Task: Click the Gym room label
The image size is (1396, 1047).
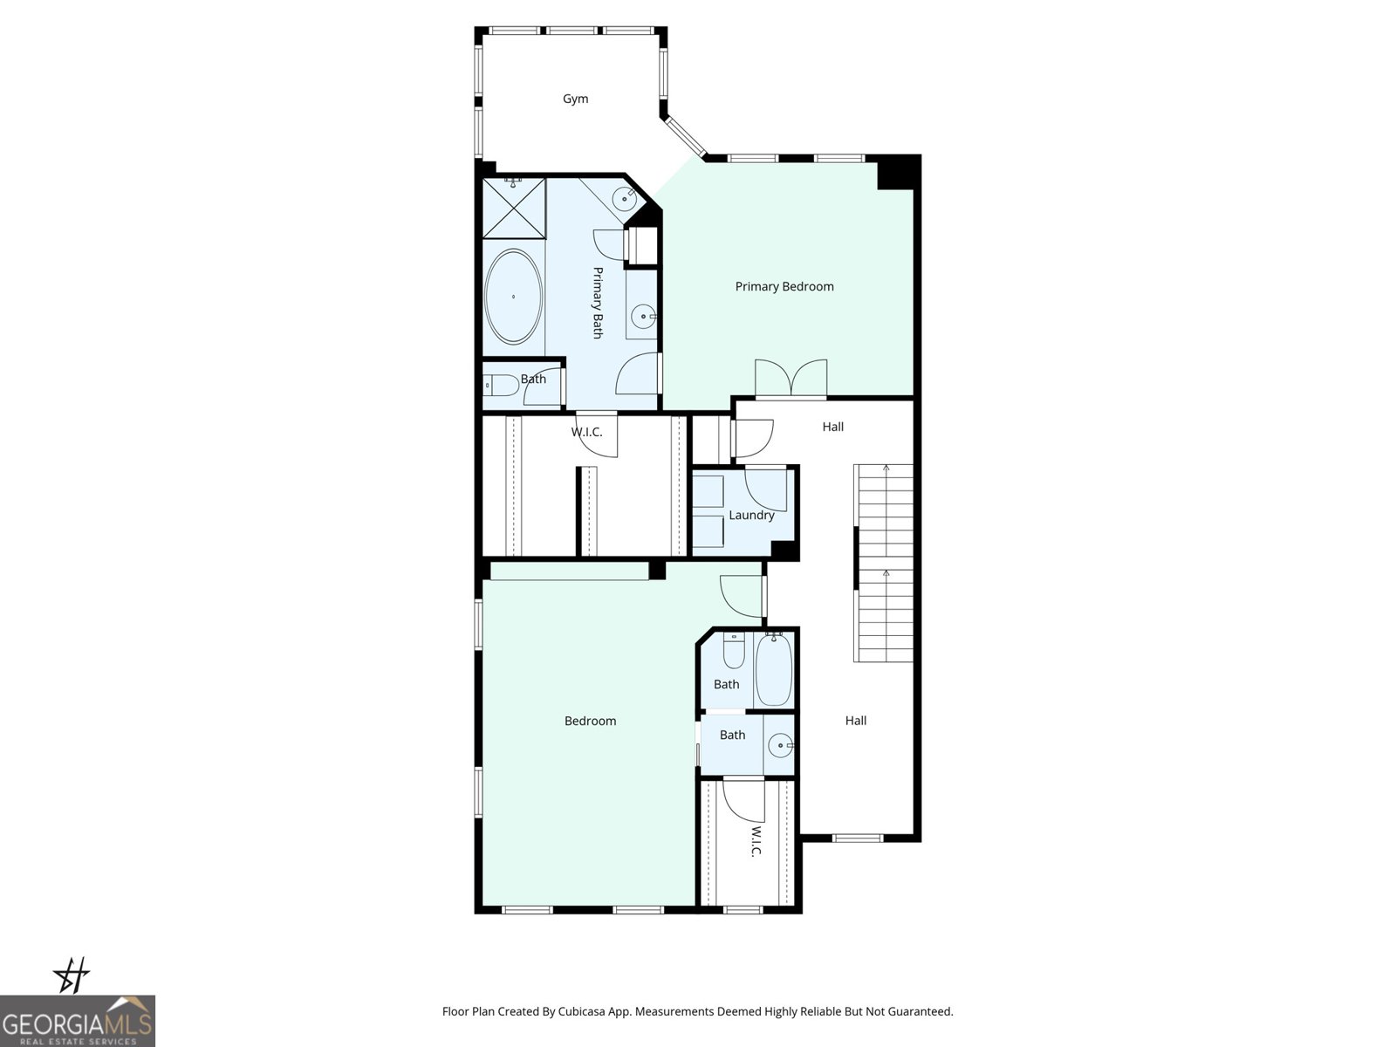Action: point(575,99)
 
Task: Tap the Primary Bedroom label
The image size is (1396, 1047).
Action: point(784,286)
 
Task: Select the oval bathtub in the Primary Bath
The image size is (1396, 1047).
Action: point(513,298)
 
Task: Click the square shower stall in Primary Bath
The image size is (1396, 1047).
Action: point(514,208)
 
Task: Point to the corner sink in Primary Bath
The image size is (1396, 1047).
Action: point(625,198)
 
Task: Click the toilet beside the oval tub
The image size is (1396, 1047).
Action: point(498,385)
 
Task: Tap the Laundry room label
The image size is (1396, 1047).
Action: point(750,515)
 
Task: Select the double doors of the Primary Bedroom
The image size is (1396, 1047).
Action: point(790,378)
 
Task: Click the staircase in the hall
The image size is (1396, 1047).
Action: point(886,563)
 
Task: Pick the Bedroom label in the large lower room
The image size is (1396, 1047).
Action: point(590,721)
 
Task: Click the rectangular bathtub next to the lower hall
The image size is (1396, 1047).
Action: point(773,670)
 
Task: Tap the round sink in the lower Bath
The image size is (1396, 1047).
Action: point(779,746)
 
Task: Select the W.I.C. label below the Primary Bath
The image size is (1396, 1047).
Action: point(586,432)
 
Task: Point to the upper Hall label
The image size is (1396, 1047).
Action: point(832,427)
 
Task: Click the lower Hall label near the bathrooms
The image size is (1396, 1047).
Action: point(855,721)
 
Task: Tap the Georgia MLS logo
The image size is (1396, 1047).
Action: point(77,1021)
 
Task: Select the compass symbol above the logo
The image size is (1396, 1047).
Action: point(72,975)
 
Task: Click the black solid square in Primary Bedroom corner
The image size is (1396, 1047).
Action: point(896,172)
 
